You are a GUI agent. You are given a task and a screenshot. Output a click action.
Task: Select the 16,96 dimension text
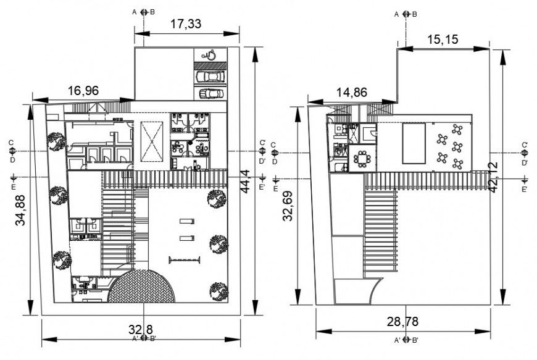(x=83, y=91)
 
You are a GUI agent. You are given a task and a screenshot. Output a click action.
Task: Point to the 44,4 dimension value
(x=244, y=182)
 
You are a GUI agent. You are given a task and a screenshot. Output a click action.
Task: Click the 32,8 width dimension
(x=141, y=329)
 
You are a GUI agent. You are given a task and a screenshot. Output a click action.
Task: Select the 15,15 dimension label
(x=442, y=39)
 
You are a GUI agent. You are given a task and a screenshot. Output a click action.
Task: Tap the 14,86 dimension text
(x=352, y=93)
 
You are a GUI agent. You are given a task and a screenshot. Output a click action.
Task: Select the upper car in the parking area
(x=210, y=77)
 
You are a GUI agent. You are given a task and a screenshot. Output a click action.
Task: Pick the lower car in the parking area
(x=210, y=93)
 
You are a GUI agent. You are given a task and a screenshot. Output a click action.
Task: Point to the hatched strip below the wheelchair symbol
(x=210, y=65)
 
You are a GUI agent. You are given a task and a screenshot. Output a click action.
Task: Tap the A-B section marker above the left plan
(x=143, y=12)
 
